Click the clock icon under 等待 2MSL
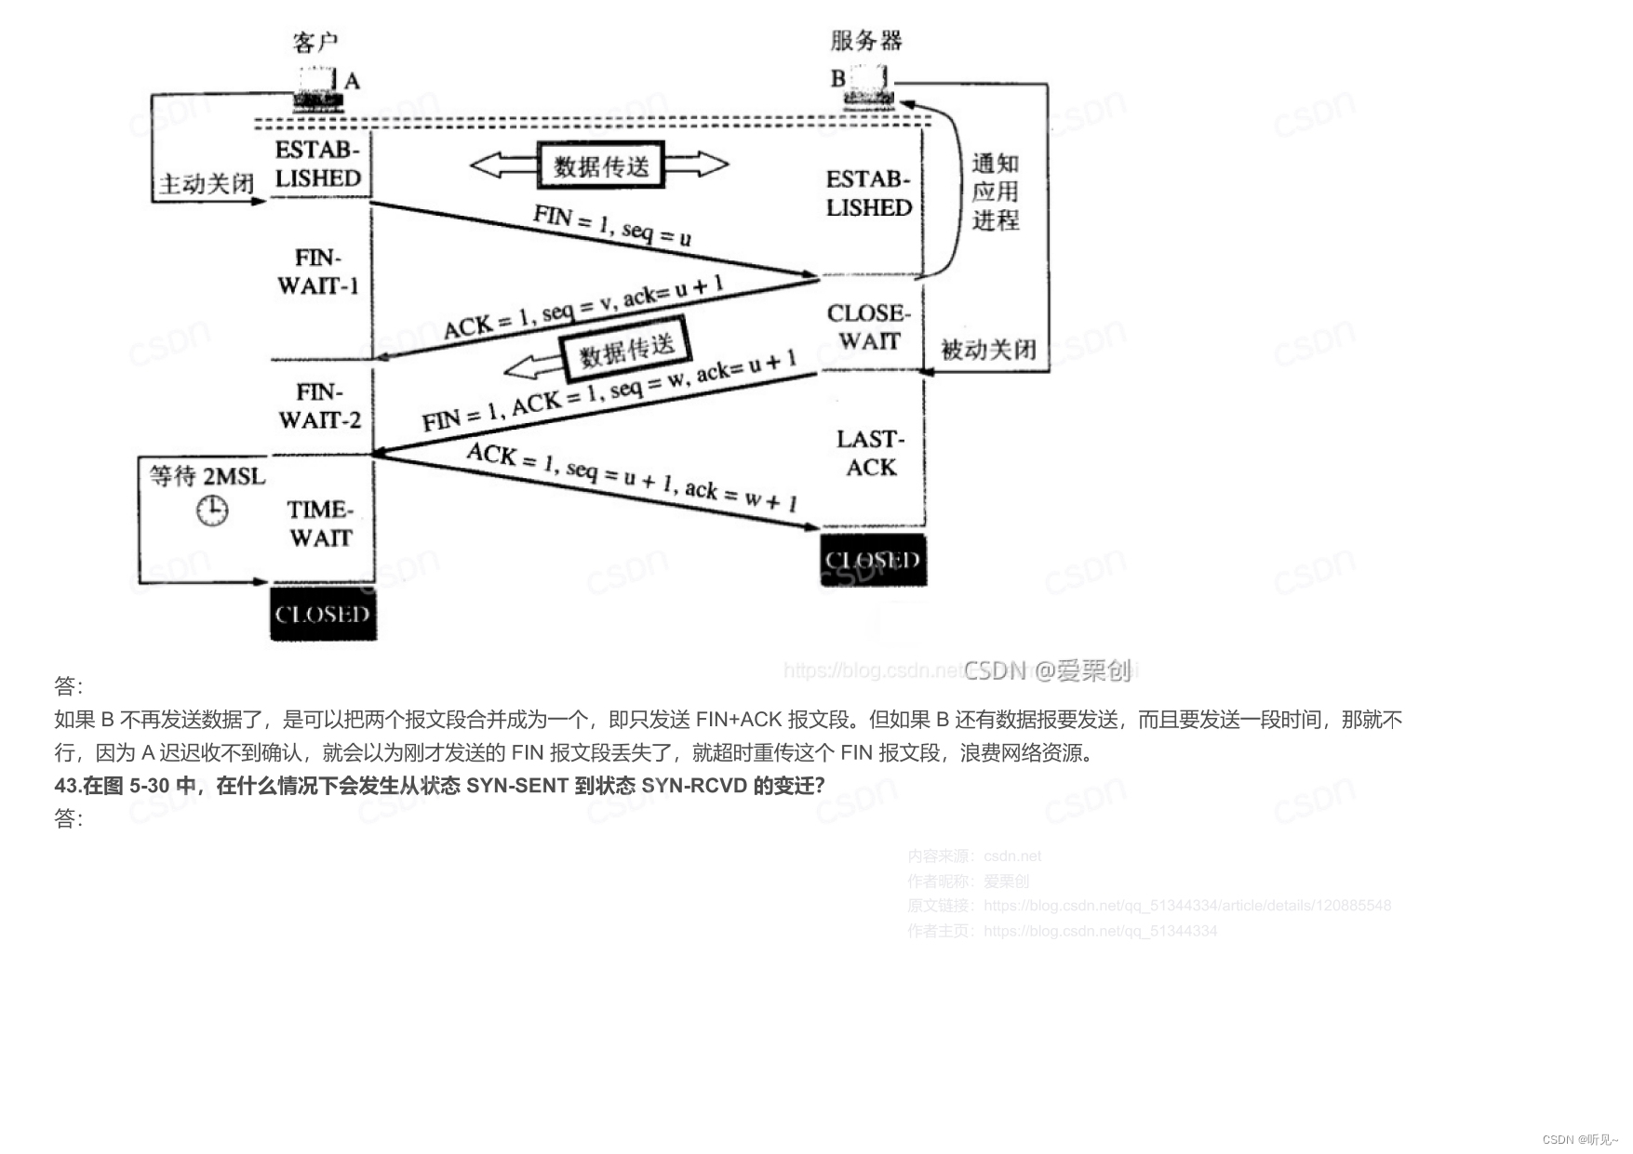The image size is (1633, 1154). pos(212,510)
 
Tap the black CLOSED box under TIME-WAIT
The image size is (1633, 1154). pos(323,614)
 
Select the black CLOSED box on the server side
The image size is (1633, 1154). pos(873,560)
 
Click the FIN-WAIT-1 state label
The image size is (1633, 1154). pos(318,272)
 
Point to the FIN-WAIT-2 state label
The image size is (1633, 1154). pos(319,406)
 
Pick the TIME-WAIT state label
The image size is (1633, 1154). pos(320,524)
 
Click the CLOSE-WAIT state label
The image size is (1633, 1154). pos(868,327)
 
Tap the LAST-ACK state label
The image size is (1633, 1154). pos(871,453)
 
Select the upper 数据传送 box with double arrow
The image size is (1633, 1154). pos(601,166)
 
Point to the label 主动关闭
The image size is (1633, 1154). pos(206,184)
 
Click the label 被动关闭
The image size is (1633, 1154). pos(988,350)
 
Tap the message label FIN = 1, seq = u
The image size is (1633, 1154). pos(612,226)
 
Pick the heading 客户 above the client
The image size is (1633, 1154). pos(315,42)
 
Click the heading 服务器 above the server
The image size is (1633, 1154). pos(866,41)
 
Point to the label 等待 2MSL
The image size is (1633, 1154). pos(207,477)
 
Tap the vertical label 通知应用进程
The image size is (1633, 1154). pos(995,192)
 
